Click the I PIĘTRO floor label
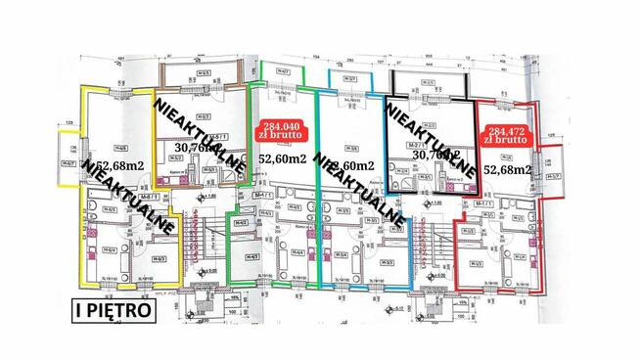point(114,310)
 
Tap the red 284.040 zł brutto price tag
point(280,130)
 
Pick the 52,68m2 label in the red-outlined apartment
point(510,170)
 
